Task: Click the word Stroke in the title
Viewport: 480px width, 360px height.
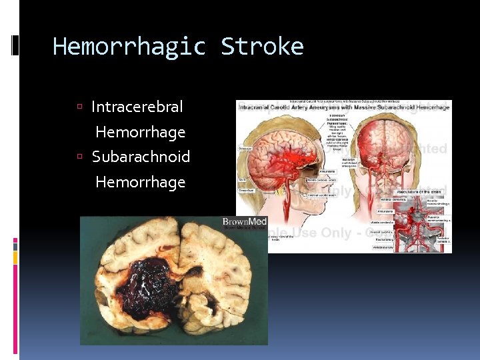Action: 262,47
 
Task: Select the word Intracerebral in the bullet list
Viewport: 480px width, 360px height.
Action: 137,107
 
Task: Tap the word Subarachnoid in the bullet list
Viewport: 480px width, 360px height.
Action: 141,157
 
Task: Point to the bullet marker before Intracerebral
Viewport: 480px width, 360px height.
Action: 79,107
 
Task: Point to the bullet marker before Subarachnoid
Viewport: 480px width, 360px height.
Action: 79,157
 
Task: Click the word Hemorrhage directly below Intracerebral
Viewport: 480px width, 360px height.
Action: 140,132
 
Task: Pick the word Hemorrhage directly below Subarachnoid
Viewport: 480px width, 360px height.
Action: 140,182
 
